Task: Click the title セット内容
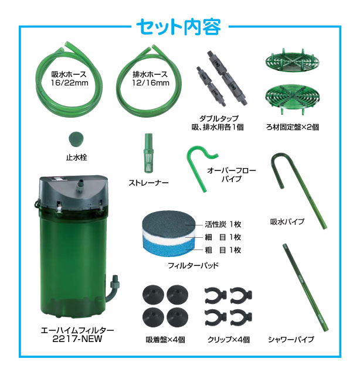179,27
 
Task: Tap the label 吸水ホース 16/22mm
69,78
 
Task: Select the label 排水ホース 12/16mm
151,78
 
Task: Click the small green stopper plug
76,139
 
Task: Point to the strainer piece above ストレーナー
148,153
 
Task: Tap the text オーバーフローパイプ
232,175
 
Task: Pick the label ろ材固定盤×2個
293,127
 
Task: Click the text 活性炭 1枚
223,224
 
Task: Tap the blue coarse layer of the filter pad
165,248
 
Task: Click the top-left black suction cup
153,295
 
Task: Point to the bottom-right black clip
241,317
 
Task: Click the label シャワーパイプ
291,339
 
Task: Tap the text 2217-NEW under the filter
77,339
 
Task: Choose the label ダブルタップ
219,118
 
